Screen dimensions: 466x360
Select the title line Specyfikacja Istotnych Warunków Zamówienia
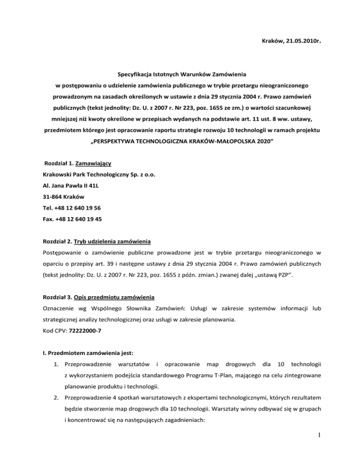click(x=180, y=74)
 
